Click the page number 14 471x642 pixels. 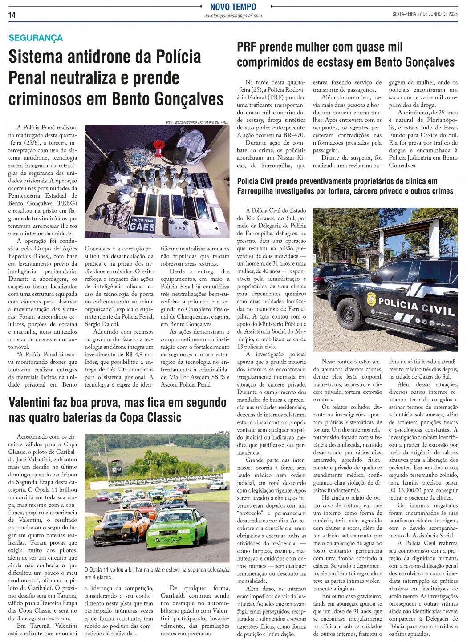12,15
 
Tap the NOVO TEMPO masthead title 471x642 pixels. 233,7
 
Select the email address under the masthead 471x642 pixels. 233,16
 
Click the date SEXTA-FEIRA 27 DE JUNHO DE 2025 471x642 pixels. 425,14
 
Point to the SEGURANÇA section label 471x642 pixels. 36,38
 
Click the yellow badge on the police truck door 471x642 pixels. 371,299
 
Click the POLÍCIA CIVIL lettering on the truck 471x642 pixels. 416,307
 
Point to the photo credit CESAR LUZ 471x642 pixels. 222,432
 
